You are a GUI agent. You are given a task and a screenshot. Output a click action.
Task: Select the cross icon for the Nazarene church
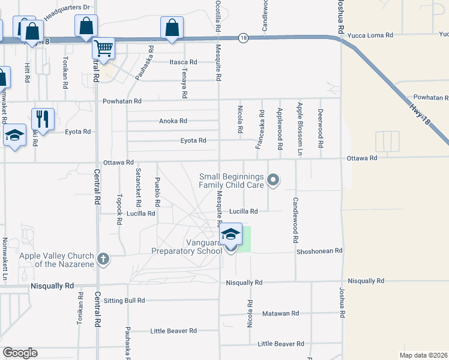103,259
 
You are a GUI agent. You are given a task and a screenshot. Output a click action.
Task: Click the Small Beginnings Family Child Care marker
274,180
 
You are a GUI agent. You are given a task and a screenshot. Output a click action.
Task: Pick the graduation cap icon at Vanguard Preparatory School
231,234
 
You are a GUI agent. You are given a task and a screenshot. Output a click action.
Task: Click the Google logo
20,353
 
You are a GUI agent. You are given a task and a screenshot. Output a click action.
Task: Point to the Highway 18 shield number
243,37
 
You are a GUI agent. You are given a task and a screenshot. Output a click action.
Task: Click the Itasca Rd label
183,62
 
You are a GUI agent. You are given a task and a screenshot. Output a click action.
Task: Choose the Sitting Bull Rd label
124,301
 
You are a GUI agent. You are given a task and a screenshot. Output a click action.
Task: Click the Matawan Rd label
280,313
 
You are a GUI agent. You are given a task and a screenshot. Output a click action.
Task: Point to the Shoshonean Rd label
319,251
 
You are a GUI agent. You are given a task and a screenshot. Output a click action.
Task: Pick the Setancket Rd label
138,184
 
